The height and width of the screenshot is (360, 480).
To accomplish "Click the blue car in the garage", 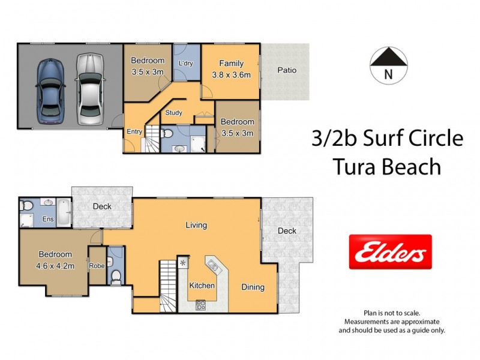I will click(x=50, y=91).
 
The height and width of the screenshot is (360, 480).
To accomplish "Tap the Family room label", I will click(x=231, y=64).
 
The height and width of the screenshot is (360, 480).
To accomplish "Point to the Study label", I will click(x=173, y=112).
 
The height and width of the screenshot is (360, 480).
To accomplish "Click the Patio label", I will click(x=287, y=70).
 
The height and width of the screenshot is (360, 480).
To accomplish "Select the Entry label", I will click(x=134, y=132).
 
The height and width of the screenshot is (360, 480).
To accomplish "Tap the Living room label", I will click(x=196, y=225).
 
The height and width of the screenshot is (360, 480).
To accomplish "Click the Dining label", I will click(x=253, y=287).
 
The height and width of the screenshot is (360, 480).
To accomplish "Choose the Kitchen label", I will click(x=202, y=286).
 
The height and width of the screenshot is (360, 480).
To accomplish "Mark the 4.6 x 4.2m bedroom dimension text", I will click(x=55, y=266).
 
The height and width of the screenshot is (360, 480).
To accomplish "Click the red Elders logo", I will click(x=390, y=251).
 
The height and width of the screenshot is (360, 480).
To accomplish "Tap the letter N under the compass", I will click(x=388, y=75).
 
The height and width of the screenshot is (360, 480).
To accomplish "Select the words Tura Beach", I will click(x=387, y=166).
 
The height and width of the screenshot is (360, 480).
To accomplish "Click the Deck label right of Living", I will click(x=287, y=231).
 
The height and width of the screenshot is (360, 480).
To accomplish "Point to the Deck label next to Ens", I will click(x=102, y=206).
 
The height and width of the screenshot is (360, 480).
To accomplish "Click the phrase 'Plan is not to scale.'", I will click(x=392, y=313).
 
